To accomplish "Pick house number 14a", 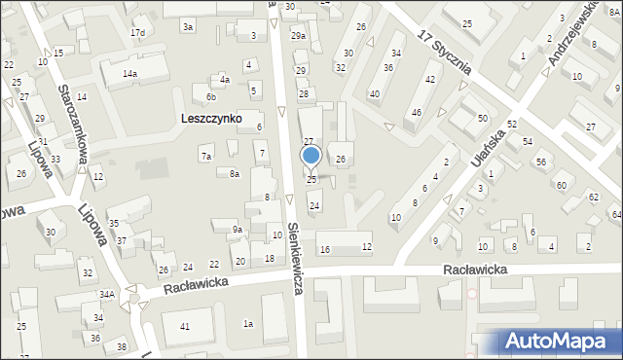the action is click(x=129, y=74).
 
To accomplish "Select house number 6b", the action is click(x=210, y=96).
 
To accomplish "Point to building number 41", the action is click(x=185, y=327).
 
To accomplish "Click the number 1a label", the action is click(x=248, y=323).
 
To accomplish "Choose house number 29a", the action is click(x=298, y=36).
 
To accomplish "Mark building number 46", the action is click(x=417, y=113).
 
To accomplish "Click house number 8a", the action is click(x=235, y=173).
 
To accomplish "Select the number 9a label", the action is click(x=237, y=230).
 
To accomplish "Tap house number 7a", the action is click(x=205, y=156).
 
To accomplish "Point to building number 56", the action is click(x=541, y=162).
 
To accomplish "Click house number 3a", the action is click(x=187, y=27).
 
